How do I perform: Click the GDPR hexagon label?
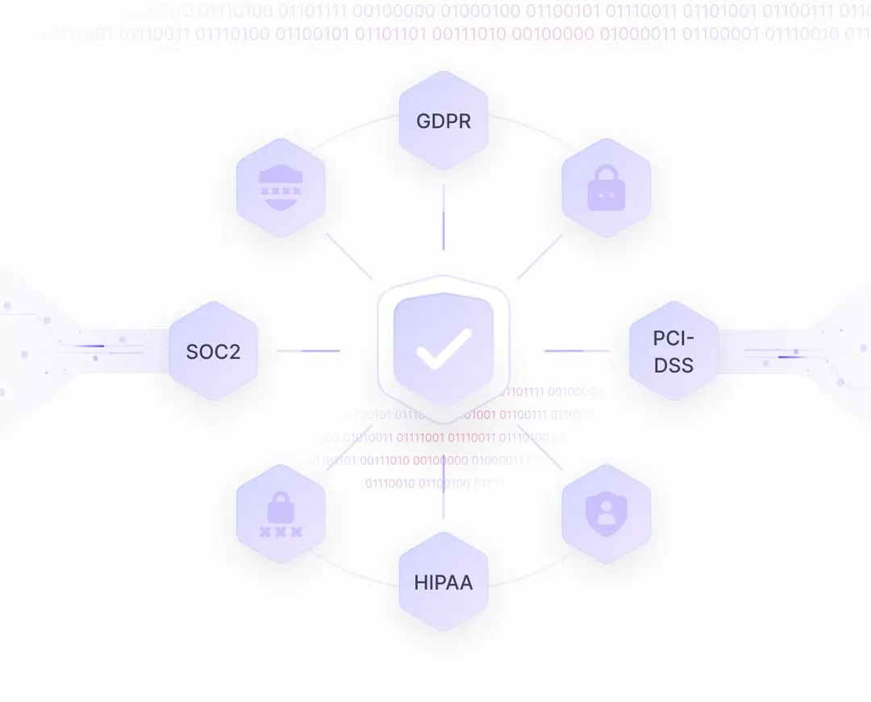(444, 121)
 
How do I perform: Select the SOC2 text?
(213, 352)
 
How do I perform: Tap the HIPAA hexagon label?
(444, 582)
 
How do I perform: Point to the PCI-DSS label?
(673, 351)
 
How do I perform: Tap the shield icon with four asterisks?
(281, 190)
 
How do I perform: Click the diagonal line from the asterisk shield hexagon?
(349, 257)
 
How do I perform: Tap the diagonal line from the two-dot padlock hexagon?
(539, 257)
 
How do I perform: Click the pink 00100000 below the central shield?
(440, 461)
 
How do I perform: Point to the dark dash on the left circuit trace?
(91, 346)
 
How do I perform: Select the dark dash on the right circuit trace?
(789, 356)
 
